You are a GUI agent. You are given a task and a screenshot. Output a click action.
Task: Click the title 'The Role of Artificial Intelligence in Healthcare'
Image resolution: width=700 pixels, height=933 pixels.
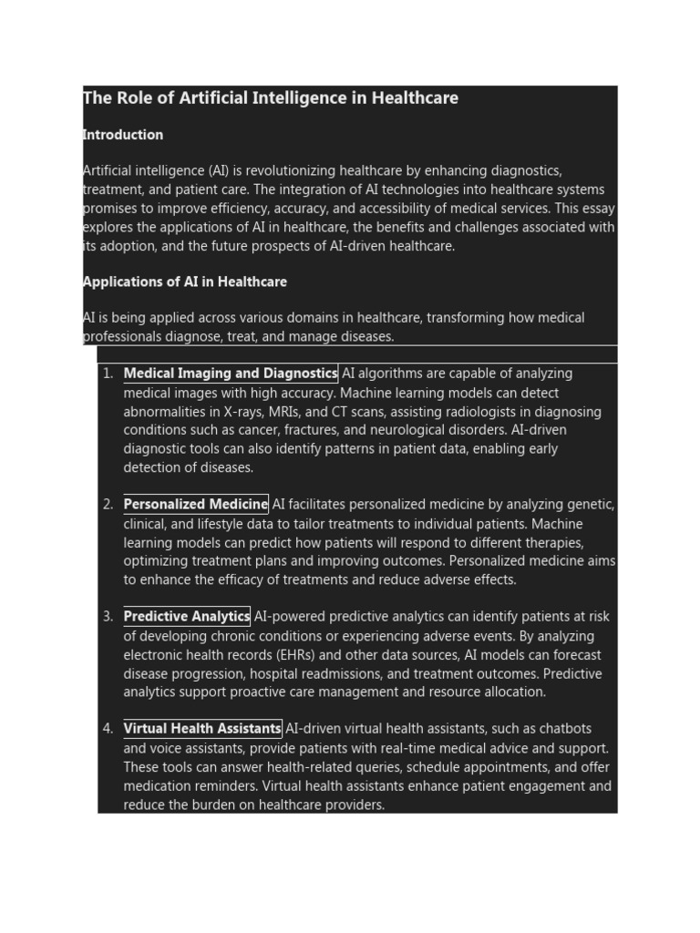point(271,98)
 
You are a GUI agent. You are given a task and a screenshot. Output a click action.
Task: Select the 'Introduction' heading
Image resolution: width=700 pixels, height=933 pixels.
point(123,135)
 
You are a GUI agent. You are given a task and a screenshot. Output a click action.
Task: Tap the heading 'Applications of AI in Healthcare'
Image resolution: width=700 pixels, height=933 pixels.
point(185,282)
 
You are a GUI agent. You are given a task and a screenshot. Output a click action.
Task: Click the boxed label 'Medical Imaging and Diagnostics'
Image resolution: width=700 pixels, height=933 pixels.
point(231,374)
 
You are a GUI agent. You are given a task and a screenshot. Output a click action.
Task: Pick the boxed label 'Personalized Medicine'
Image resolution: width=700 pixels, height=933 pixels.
point(196,504)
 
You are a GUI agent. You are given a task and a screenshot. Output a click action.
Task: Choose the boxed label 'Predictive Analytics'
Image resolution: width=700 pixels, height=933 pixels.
point(187,617)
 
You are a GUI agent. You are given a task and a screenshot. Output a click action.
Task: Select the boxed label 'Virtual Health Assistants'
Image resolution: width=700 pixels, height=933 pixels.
point(202,729)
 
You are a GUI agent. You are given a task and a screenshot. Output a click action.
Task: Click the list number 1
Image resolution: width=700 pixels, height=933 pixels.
point(108,374)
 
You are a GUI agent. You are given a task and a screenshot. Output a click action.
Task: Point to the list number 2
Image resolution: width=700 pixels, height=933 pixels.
point(108,505)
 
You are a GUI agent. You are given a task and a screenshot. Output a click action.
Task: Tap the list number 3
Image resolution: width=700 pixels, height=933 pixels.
point(108,617)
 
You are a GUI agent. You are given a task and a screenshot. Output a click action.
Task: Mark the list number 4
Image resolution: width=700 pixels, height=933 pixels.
point(108,729)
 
